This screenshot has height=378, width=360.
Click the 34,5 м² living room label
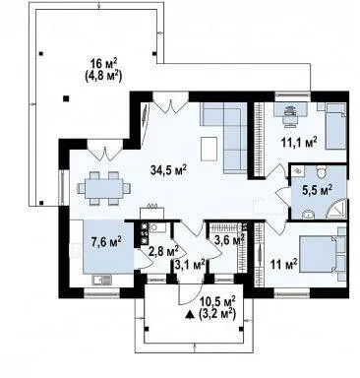pyautogui.click(x=168, y=170)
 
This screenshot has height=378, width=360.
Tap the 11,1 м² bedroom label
pyautogui.click(x=299, y=143)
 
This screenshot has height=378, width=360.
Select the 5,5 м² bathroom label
pyautogui.click(x=317, y=190)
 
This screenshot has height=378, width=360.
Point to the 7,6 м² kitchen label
pyautogui.click(x=106, y=241)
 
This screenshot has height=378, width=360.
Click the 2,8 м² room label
pyautogui.click(x=163, y=252)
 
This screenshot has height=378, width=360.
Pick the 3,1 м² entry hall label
pyautogui.click(x=190, y=265)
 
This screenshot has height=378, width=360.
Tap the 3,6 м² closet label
pyautogui.click(x=229, y=240)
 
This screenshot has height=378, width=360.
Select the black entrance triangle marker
pyautogui.click(x=190, y=315)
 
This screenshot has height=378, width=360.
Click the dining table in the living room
pyautogui.click(x=104, y=188)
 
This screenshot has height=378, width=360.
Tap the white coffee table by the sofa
pyautogui.click(x=209, y=149)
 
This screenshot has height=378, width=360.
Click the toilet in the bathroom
pyautogui.click(x=321, y=171)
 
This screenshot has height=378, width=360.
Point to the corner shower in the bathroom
pyautogui.click(x=336, y=209)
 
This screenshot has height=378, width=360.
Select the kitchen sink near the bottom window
pyautogui.click(x=102, y=280)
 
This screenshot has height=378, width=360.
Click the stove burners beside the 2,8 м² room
pyautogui.click(x=144, y=233)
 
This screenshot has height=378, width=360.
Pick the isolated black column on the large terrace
pyautogui.click(x=66, y=97)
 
